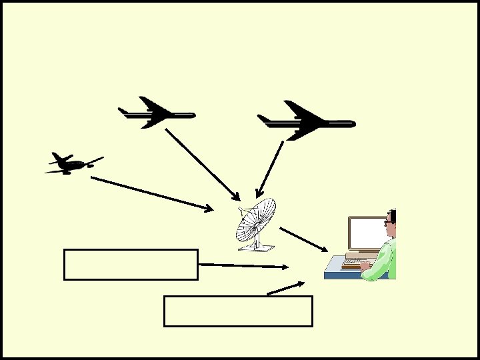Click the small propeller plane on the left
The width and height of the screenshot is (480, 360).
(x=71, y=163)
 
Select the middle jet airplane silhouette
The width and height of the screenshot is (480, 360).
(x=155, y=114)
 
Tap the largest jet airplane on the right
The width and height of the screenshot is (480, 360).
(x=305, y=121)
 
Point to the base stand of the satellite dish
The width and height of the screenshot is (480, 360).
(x=257, y=247)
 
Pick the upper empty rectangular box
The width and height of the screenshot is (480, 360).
(x=131, y=264)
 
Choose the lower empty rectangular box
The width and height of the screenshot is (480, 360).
(x=238, y=311)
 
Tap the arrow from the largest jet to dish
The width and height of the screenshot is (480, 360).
(x=271, y=169)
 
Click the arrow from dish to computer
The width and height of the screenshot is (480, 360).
(x=304, y=239)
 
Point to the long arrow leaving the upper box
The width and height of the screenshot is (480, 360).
(x=243, y=265)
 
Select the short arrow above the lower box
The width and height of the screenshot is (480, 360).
(x=285, y=287)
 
